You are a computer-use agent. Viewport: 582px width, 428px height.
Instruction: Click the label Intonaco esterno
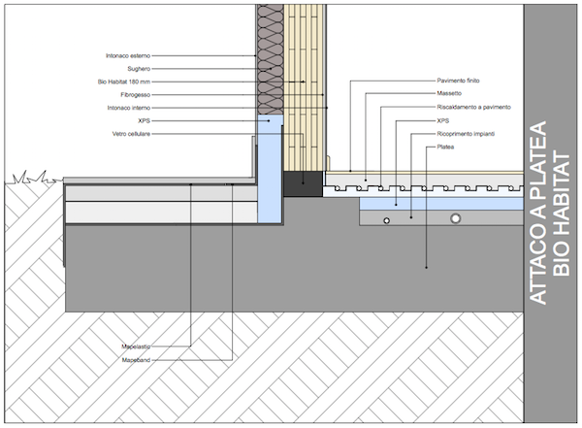click(x=129, y=57)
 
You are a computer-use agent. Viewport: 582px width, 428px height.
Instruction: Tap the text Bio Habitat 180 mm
click(x=127, y=83)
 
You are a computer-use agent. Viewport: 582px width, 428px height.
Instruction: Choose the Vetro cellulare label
click(x=132, y=133)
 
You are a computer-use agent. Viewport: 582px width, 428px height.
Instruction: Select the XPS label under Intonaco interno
click(x=145, y=120)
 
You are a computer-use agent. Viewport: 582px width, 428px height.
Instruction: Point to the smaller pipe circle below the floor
click(x=386, y=221)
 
